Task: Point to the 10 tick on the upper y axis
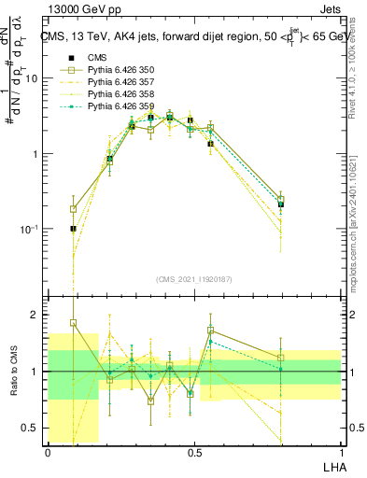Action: point(31,78)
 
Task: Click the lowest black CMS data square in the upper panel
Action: point(73,228)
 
